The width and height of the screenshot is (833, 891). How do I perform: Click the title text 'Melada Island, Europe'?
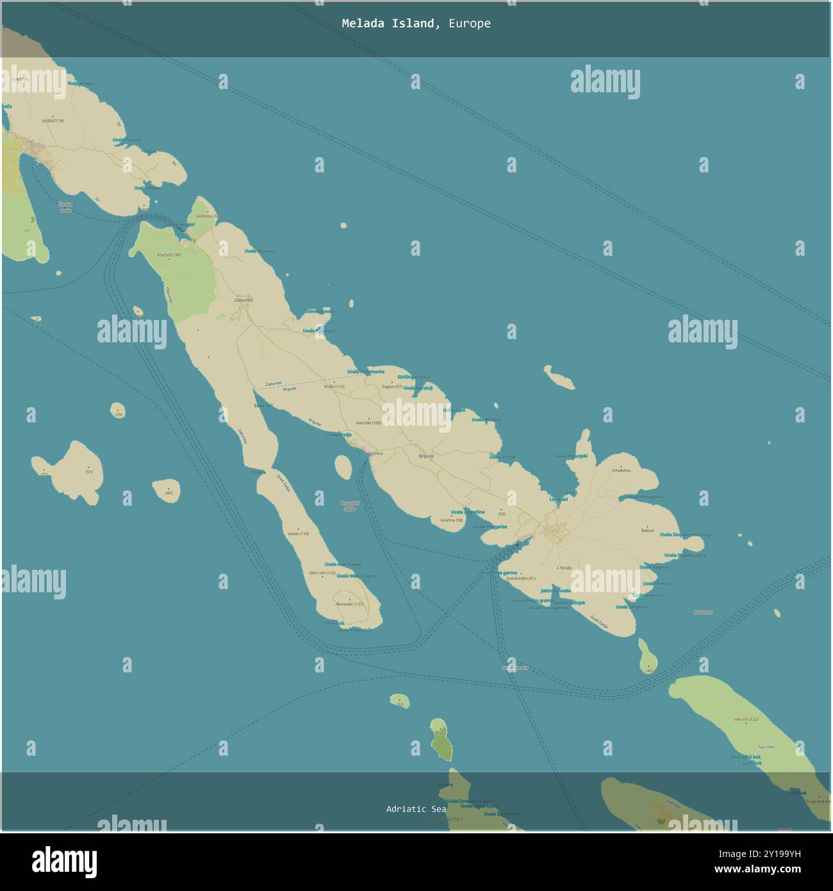416,24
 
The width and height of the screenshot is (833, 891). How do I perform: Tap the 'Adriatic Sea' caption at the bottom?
416,809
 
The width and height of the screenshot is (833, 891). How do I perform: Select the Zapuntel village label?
243,300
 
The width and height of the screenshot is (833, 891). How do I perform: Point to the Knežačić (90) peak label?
169,255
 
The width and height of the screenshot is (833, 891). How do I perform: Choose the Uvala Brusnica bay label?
260,251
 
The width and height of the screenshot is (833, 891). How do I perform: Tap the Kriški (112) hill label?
334,387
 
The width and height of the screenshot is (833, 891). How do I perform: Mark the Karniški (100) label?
368,422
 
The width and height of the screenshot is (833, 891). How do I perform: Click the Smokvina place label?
621,470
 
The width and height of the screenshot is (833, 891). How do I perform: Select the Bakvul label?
647,531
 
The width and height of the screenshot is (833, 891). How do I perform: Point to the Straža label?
565,568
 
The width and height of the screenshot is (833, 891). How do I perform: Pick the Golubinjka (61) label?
520,578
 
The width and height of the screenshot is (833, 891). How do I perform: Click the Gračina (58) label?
451,520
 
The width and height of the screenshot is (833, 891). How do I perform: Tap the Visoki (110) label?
298,533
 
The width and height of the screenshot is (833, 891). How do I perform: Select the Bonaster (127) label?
350,604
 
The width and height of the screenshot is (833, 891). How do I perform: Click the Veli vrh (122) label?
746,720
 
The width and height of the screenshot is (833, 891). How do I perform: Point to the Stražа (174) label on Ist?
53,121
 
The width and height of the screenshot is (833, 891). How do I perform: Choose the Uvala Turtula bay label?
126,140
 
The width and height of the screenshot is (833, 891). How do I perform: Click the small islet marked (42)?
168,491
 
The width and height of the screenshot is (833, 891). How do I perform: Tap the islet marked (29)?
118,411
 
